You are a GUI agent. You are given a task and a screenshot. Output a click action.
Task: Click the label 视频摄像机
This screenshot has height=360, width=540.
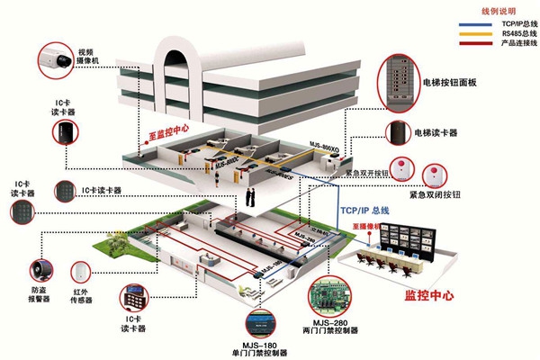click(x=86, y=57)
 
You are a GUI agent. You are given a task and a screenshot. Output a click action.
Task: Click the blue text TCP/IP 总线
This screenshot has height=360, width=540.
click(x=364, y=211)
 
